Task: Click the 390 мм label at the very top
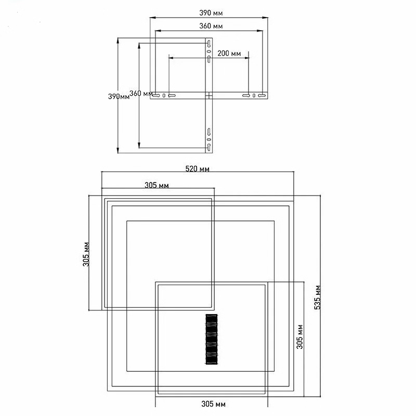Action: [x=211, y=12]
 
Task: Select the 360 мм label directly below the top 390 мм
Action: [x=211, y=26]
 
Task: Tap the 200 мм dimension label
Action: [x=229, y=54]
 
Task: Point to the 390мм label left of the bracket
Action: [x=119, y=96]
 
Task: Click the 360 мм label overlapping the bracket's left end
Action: [x=141, y=94]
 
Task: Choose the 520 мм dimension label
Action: [x=198, y=169]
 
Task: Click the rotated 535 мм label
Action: [x=318, y=297]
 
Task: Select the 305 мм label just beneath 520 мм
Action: [x=157, y=185]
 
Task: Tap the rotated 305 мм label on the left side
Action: [x=86, y=254]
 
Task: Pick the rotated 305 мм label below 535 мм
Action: [x=300, y=336]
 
